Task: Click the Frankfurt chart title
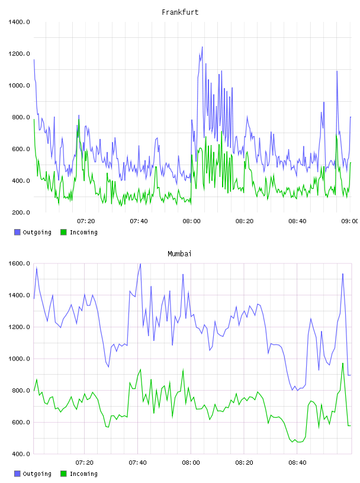tap(180, 12)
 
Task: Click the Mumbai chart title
tap(179, 253)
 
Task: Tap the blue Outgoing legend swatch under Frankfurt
tap(17, 232)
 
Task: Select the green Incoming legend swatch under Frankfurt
tap(63, 232)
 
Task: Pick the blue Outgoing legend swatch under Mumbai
tap(17, 474)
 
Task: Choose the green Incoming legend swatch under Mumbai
tap(63, 474)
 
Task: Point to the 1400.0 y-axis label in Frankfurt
tap(19, 22)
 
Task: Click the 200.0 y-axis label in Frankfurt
tap(21, 212)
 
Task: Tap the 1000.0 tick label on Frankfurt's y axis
tap(19, 85)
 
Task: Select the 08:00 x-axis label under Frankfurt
tap(191, 221)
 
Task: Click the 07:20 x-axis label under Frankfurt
tap(86, 221)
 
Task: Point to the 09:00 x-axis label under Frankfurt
tap(349, 221)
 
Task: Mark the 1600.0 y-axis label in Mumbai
tap(19, 263)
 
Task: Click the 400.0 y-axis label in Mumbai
tap(21, 454)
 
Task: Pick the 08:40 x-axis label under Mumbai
tap(297, 463)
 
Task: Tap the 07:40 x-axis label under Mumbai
tap(138, 463)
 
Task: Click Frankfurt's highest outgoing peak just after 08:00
tap(202, 47)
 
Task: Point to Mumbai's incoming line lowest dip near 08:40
tap(298, 442)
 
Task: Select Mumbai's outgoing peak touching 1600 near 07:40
tap(140, 264)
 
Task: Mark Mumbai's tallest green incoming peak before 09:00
tap(343, 363)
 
